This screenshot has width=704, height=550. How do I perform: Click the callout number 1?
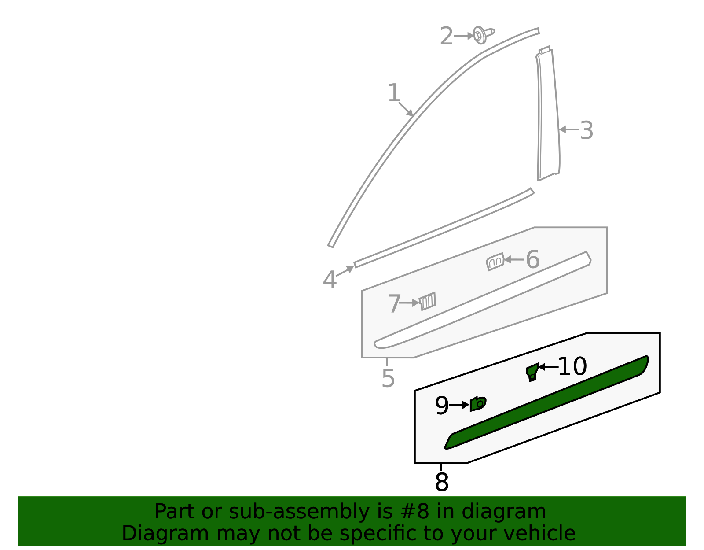(x=394, y=93)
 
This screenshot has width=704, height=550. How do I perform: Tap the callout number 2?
(x=446, y=37)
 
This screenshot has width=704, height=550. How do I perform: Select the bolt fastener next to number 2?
(x=482, y=35)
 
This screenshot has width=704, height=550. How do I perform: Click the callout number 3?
(x=587, y=131)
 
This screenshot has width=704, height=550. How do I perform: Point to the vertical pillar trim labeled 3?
(x=547, y=114)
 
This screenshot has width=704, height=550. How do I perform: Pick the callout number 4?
(x=330, y=281)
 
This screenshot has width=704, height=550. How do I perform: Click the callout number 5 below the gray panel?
(x=388, y=378)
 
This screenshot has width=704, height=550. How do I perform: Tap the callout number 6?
(x=532, y=260)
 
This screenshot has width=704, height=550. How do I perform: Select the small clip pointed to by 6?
(x=495, y=262)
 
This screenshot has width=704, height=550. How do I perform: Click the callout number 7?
(x=394, y=304)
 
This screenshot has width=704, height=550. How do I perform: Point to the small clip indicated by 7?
(x=428, y=301)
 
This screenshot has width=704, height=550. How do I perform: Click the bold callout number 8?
(x=441, y=483)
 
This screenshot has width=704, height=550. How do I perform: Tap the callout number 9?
(x=441, y=406)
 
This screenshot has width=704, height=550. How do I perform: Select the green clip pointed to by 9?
(x=478, y=403)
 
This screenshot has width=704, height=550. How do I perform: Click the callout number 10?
(x=572, y=366)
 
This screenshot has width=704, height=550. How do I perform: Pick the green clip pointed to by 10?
(x=532, y=372)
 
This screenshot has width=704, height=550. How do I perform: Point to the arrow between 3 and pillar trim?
(x=568, y=129)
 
